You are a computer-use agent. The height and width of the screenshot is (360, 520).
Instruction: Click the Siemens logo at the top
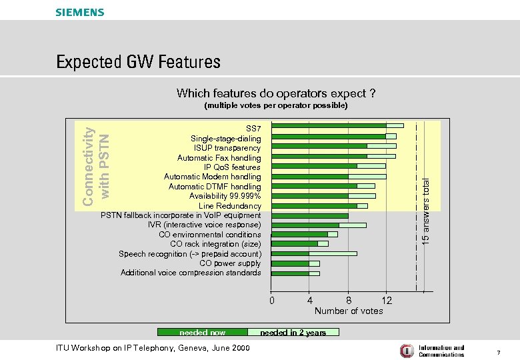coord(80,12)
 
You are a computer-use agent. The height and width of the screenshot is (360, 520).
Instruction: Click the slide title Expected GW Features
coord(138,63)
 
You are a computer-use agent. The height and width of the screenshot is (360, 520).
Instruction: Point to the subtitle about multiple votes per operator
coord(275,105)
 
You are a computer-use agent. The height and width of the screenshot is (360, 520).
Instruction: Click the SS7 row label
coord(253,128)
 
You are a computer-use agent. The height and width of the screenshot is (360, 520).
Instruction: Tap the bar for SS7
coord(337,126)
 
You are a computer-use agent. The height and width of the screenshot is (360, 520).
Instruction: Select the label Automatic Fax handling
coord(219,158)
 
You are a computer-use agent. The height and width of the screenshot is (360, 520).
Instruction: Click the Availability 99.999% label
coord(225,197)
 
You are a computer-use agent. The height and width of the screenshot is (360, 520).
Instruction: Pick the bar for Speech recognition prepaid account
coord(314,253)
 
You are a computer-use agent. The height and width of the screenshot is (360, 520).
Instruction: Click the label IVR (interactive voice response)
coord(204,225)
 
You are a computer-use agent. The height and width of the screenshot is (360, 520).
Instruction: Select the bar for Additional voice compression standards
coord(295,273)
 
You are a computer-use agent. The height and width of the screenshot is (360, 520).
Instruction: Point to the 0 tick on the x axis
coord(271,301)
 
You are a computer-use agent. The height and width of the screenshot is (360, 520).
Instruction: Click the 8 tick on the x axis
coord(349,301)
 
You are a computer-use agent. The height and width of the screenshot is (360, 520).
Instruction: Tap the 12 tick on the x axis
coord(387,301)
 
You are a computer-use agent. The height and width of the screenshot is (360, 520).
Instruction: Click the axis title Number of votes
coord(349,311)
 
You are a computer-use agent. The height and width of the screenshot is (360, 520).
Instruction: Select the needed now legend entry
coord(202,332)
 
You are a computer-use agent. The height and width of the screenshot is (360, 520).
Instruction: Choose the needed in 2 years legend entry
coord(293,332)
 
